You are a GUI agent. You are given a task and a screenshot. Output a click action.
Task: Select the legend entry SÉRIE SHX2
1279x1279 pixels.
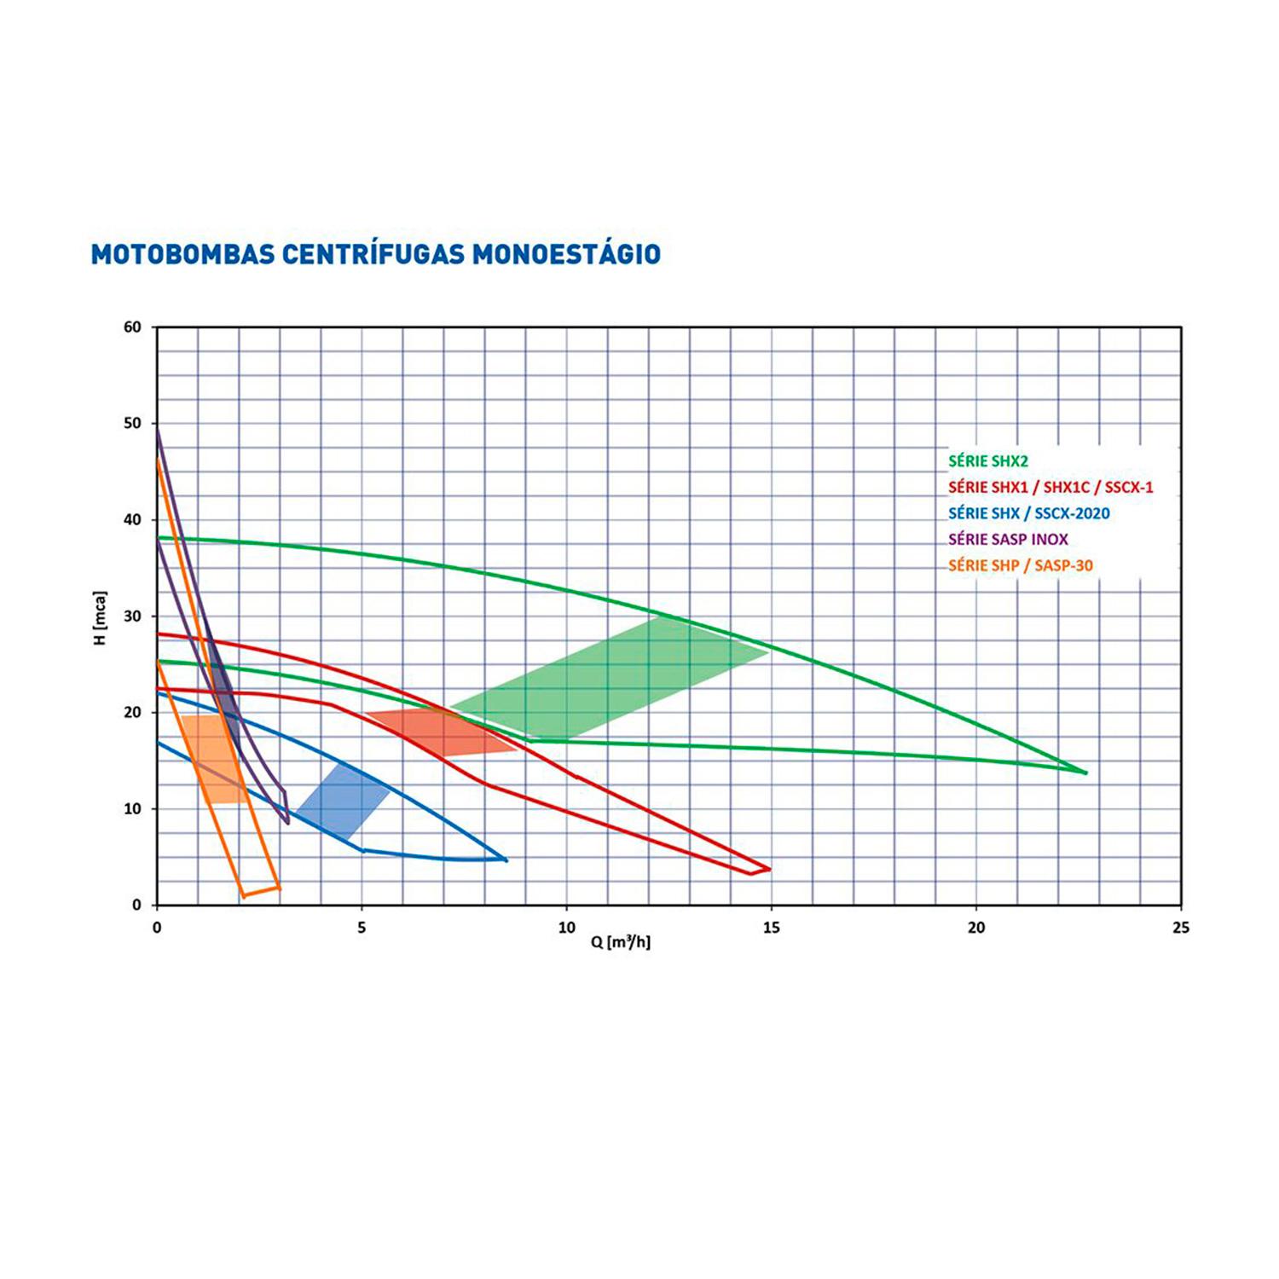(988, 461)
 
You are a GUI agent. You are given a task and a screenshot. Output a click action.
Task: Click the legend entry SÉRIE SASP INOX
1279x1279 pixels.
(1008, 539)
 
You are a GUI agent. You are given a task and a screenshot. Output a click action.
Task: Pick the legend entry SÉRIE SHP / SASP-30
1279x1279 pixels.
(1020, 565)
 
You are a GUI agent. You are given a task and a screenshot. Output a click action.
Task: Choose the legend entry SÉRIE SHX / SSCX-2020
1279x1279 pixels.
(1028, 513)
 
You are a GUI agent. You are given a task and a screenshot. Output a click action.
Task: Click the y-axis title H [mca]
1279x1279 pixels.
(101, 616)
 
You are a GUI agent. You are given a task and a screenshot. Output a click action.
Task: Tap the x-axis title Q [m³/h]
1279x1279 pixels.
(620, 942)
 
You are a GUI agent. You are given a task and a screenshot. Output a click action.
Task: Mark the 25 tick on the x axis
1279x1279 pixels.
(1181, 928)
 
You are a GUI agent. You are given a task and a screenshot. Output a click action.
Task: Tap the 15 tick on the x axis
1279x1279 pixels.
(771, 928)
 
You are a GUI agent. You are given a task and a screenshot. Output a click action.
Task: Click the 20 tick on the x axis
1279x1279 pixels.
(976, 928)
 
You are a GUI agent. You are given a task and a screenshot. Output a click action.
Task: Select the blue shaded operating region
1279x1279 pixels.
(343, 802)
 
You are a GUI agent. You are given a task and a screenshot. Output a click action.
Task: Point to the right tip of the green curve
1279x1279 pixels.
(1085, 773)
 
